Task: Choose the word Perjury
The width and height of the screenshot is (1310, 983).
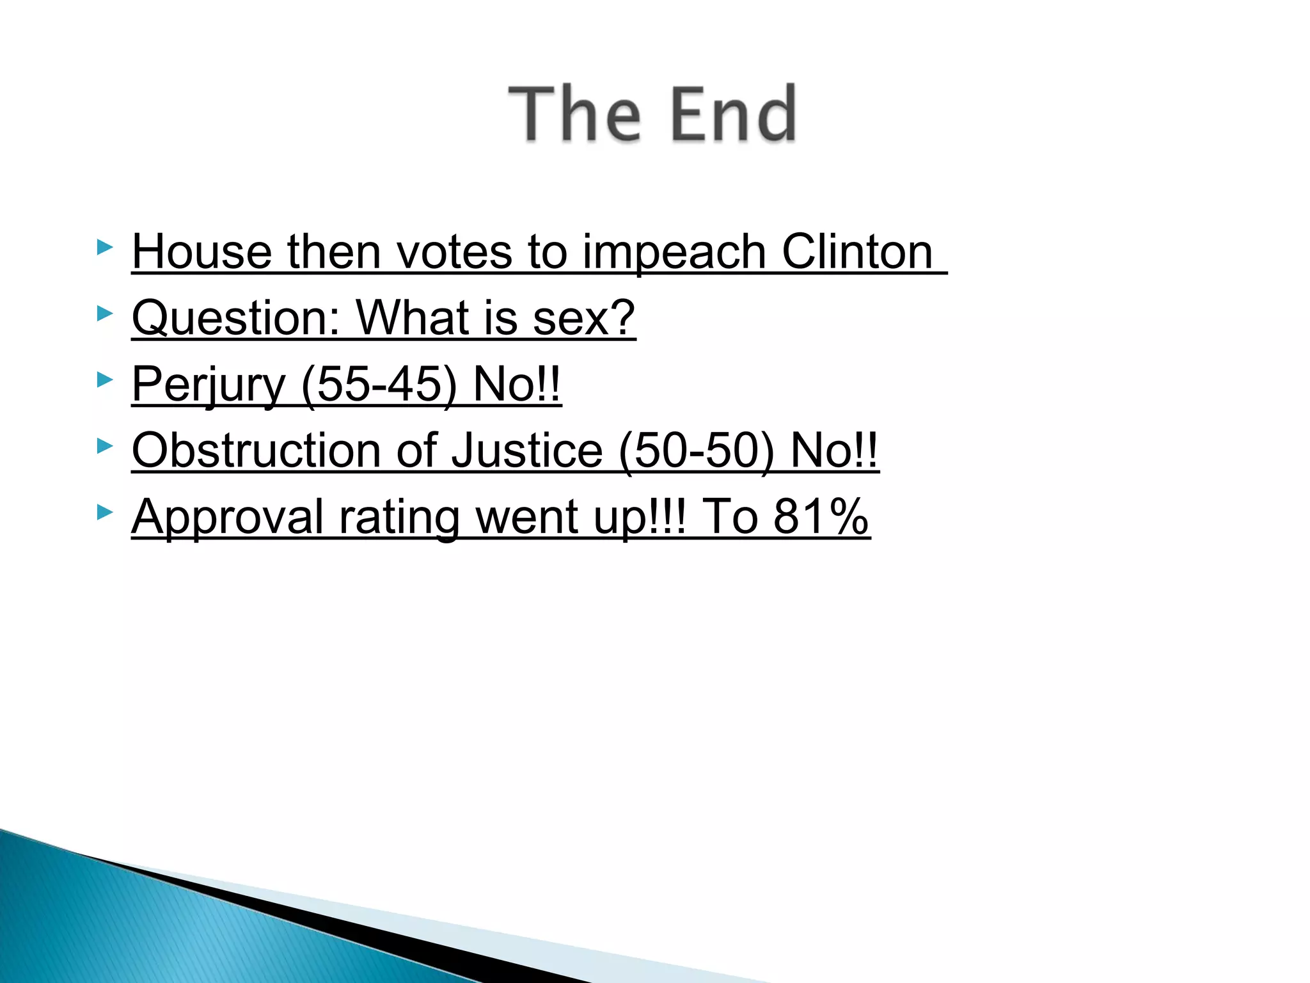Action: [x=209, y=385]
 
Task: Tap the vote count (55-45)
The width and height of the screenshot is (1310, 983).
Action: [x=379, y=385]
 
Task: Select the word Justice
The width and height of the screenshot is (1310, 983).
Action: [x=527, y=451]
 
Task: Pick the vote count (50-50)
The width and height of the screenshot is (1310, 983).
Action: [x=697, y=451]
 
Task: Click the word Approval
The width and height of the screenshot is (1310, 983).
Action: [x=227, y=517]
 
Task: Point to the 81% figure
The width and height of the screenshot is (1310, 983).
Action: [x=821, y=517]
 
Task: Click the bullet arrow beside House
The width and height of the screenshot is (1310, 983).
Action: [x=105, y=247]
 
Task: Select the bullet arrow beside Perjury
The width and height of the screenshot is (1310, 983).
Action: [x=105, y=380]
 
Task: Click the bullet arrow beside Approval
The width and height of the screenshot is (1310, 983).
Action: [x=105, y=512]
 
